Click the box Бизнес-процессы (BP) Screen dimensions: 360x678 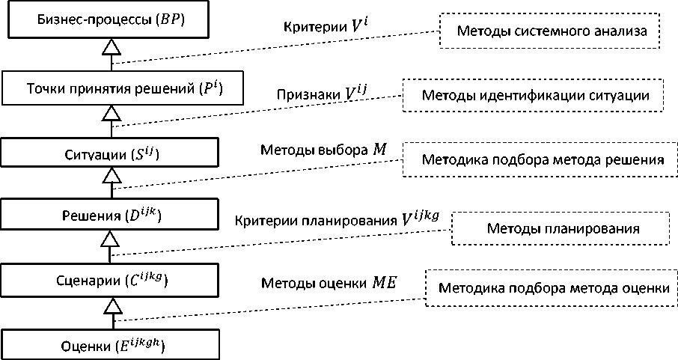point(111,19)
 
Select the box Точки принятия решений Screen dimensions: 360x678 point(111,88)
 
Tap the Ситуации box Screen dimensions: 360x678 point(111,154)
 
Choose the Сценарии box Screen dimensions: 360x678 point(111,281)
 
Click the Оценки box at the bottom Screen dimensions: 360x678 point(111,345)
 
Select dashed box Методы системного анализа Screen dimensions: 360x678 point(539,31)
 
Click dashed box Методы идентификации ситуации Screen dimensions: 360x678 point(534,96)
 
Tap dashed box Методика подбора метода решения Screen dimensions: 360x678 point(534,159)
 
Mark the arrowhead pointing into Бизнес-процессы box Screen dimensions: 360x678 point(111,48)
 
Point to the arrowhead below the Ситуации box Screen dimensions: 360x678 point(111,176)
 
